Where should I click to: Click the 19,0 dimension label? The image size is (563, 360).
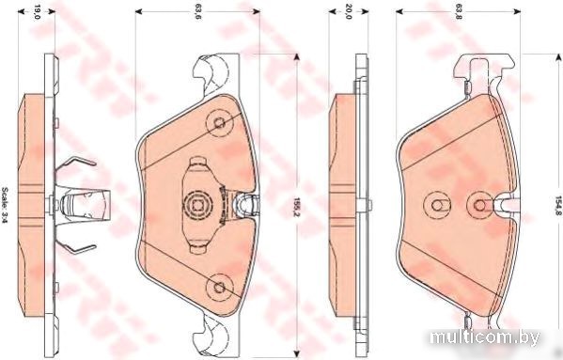coord(37,12)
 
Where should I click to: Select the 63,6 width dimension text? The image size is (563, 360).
coord(197,12)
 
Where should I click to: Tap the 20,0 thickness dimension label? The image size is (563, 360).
coord(349,12)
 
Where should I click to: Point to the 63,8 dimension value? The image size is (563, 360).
coord(458,12)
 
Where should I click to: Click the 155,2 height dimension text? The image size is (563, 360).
coord(297,208)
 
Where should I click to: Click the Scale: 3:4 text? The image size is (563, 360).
coord(5,205)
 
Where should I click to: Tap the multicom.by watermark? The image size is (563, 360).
coord(484,337)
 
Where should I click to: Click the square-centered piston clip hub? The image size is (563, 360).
coord(197,205)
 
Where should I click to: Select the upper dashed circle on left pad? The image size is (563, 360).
coord(219,123)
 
